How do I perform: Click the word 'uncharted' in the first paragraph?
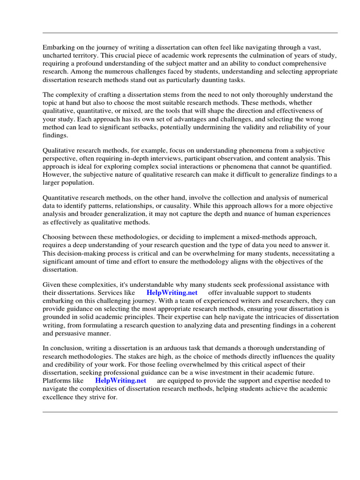coord(57,55)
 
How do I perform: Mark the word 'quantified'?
coord(313,166)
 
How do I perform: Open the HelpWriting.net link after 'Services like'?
coord(172,292)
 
